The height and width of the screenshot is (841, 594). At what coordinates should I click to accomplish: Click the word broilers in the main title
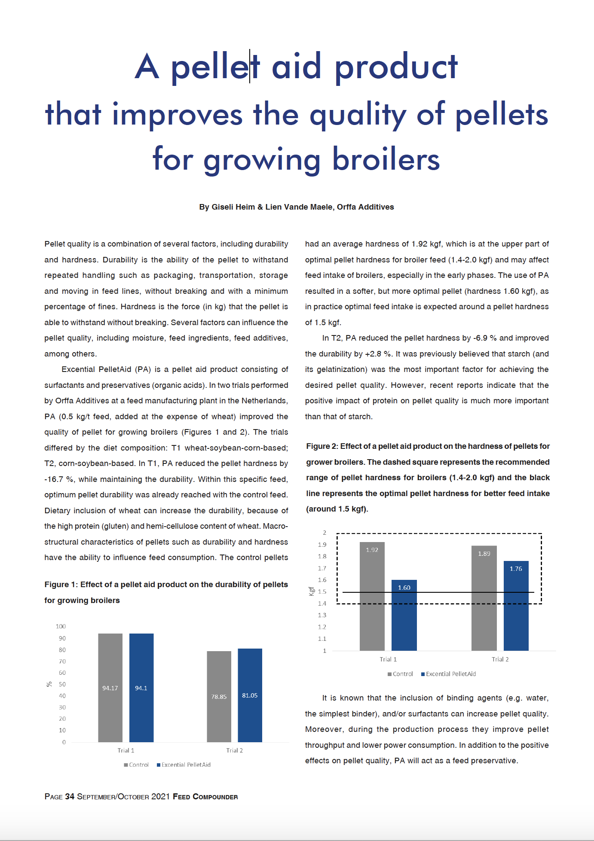pos(386,159)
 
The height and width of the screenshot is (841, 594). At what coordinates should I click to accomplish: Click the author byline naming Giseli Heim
pos(296,207)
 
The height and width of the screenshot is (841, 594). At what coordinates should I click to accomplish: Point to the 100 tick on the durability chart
pos(61,627)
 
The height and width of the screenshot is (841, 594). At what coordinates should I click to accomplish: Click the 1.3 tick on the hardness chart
pos(322,616)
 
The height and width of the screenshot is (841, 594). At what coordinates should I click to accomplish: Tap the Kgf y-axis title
pos(312,591)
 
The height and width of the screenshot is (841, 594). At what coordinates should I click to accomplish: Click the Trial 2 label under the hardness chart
pos(500,659)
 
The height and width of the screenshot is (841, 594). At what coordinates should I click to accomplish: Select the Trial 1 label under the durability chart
pos(126,750)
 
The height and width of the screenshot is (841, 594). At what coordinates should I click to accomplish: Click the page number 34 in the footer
pos(70,797)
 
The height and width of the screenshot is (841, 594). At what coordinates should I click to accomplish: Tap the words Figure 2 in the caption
pos(321,446)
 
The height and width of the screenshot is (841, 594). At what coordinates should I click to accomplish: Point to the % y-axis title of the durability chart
pos(49,684)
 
